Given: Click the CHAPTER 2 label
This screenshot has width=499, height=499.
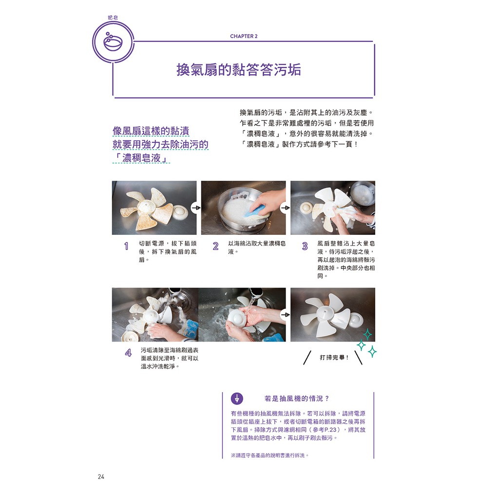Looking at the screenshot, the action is pos(244,36).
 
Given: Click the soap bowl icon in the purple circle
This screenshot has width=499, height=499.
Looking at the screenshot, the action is pos(113,42).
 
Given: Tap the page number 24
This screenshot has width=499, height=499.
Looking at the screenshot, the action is pos(101,477).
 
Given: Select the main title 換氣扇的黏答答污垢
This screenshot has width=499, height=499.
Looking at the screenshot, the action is pos(239,70).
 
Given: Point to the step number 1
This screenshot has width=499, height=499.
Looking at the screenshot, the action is pos(126,246).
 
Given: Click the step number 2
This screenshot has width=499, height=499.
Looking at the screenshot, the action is pos(216,246).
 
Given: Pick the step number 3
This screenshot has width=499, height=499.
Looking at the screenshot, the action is pos(305,246).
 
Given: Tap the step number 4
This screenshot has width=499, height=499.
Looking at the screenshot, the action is pos(128,353).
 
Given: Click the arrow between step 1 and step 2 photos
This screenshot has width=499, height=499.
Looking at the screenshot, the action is pos(196,208).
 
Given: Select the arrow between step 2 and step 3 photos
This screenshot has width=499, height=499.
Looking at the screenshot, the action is pos(286,208).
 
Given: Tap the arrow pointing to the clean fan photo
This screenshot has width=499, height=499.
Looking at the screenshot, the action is pos(286,315).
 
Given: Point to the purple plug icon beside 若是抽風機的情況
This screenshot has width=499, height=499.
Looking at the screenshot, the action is pos(237,399).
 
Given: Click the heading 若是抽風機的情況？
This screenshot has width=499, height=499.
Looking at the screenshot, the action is pos(297,399).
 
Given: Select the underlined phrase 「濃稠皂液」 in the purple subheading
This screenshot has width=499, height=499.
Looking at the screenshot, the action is pos(141,158).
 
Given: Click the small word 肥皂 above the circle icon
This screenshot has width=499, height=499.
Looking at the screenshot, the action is pos(113,18).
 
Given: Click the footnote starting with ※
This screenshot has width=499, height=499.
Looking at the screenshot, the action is pos(270,456).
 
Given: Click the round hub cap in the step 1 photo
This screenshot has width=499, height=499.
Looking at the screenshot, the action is pos(180,212).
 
